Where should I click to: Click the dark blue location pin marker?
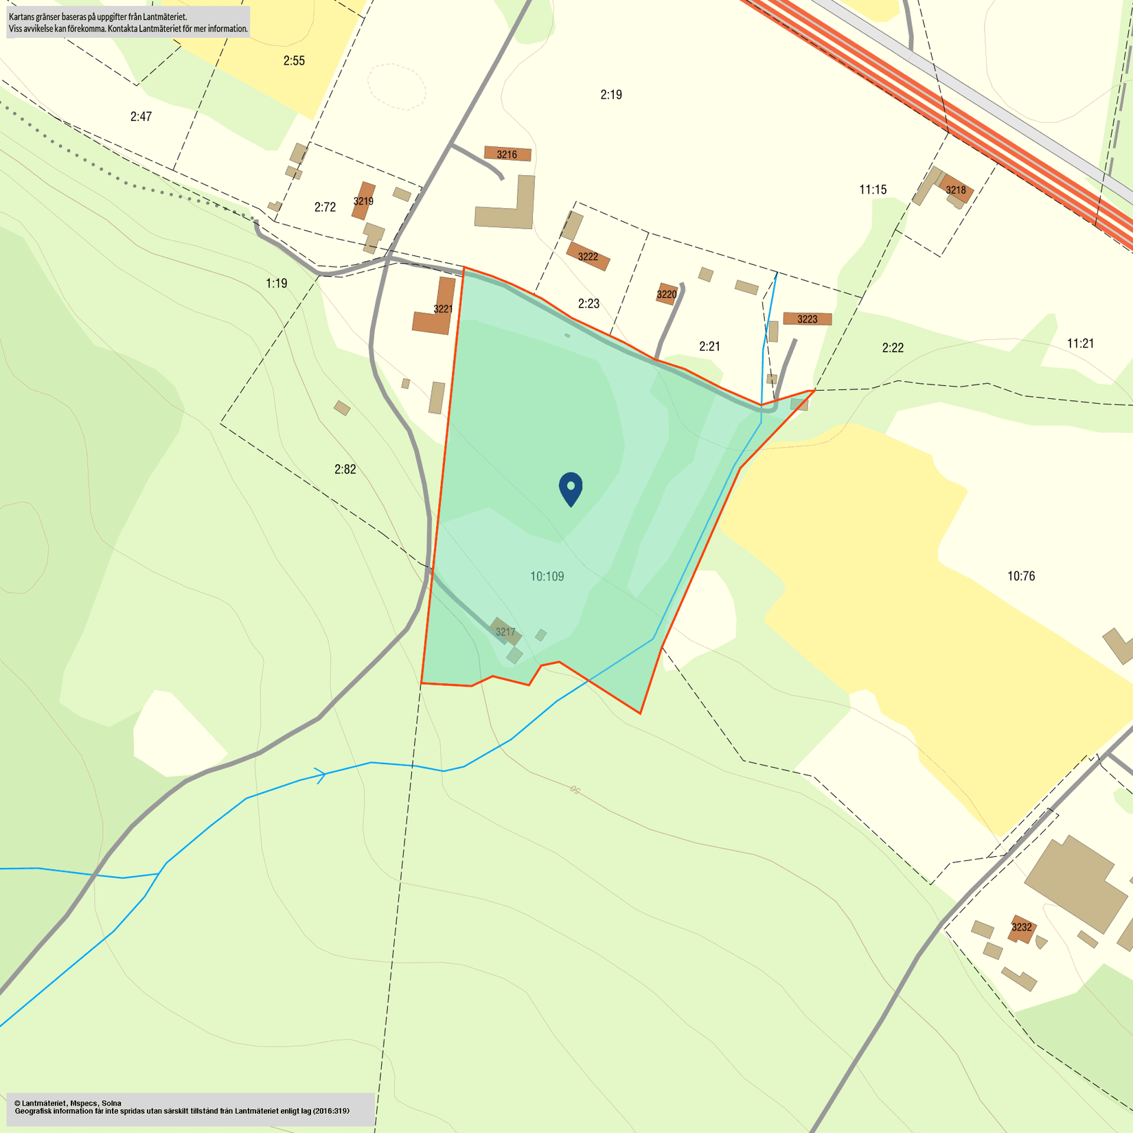tap(571, 488)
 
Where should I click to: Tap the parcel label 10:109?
tap(547, 576)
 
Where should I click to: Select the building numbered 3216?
tap(507, 154)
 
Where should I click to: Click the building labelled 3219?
tap(363, 201)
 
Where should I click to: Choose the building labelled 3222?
tap(588, 256)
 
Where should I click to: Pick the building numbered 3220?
tap(667, 294)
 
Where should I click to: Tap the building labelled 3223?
tap(808, 319)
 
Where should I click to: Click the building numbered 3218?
tap(956, 190)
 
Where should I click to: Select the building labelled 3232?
tap(1021, 927)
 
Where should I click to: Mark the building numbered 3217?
tap(505, 632)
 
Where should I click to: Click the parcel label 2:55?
tap(294, 60)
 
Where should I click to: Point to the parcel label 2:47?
tap(141, 116)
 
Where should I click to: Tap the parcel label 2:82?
tap(345, 469)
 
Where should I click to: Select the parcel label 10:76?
tap(1020, 575)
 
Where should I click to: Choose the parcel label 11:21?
tap(1080, 343)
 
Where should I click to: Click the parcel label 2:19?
tap(611, 94)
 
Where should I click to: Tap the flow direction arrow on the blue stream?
tap(321, 776)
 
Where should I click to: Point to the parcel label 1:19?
tap(276, 283)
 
